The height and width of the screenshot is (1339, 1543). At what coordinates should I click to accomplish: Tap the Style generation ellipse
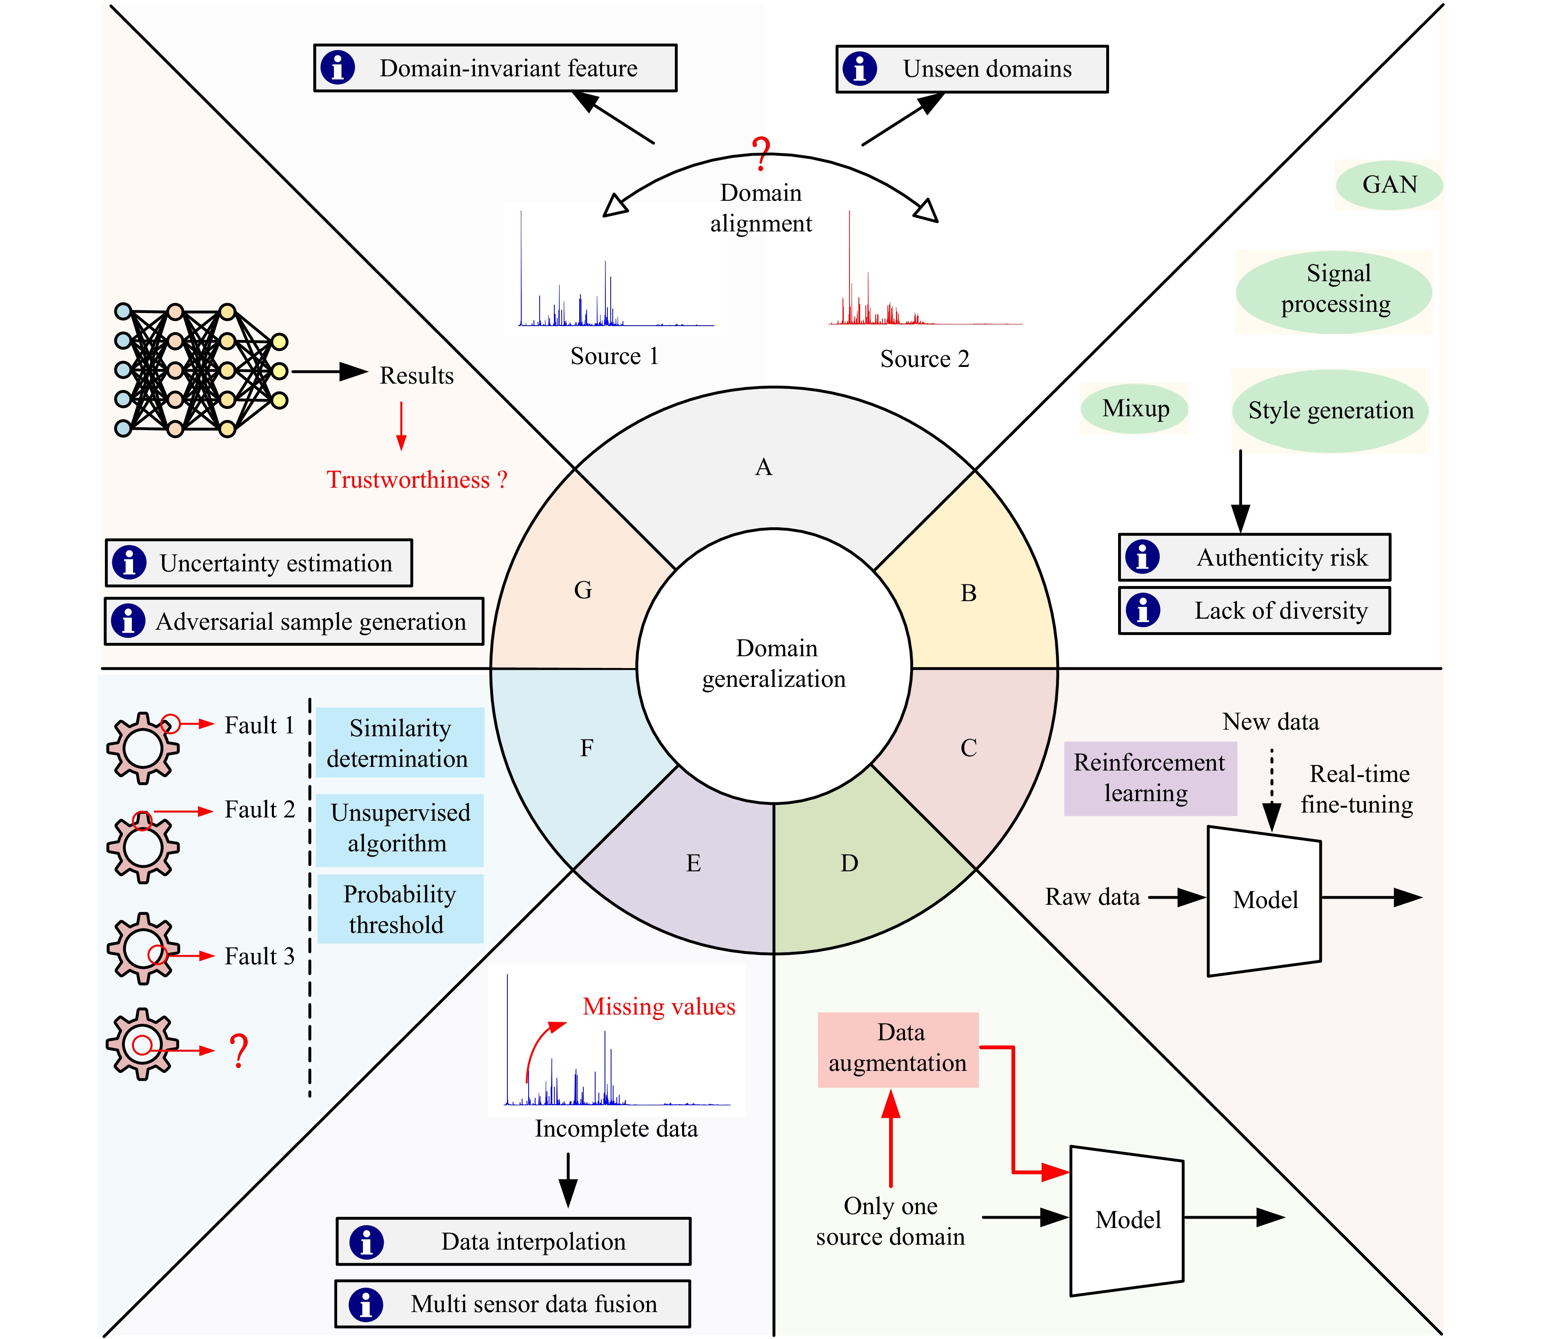[x=1330, y=411]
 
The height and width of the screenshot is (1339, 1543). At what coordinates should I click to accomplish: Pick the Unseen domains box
[x=972, y=69]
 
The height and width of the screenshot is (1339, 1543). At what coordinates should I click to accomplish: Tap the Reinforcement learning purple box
[x=1149, y=778]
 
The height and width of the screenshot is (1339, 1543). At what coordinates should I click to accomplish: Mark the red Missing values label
[x=658, y=1006]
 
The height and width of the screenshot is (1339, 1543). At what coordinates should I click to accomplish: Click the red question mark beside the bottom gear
[x=238, y=1050]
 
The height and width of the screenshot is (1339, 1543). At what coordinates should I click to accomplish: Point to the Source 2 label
[x=924, y=359]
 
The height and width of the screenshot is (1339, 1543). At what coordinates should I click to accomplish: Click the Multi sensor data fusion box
[x=513, y=1304]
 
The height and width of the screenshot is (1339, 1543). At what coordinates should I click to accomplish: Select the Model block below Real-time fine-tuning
[x=1264, y=900]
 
